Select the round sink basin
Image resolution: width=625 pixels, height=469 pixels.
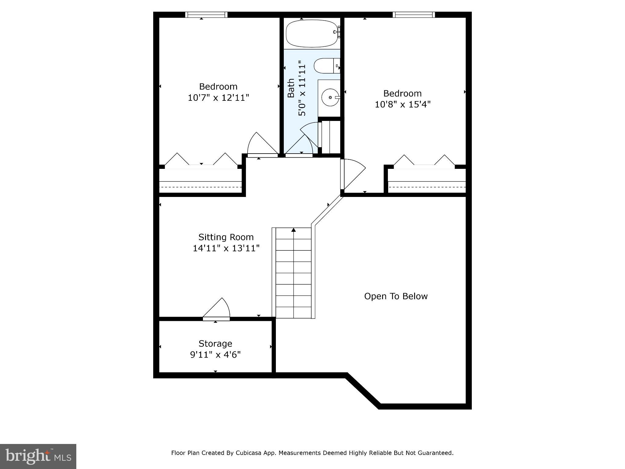coord(330,97)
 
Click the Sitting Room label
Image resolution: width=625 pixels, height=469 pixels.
coord(226,237)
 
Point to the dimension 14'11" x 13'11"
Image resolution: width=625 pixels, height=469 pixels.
coord(226,248)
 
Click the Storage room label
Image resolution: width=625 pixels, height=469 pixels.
coord(215,344)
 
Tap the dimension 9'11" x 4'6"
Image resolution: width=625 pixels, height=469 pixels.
coord(215,355)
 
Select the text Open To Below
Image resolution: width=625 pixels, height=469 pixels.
coord(396,296)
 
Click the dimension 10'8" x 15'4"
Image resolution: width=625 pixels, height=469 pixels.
coord(402,104)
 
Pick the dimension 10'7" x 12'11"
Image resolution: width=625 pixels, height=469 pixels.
coord(218,98)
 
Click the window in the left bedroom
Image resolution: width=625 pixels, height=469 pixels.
coord(206,15)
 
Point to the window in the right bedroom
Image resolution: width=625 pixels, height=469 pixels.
coord(414,15)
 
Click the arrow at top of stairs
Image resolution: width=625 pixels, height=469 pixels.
coord(294,230)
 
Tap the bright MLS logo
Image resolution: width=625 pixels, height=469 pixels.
coord(38,456)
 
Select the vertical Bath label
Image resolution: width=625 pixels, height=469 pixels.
coord(291,88)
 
